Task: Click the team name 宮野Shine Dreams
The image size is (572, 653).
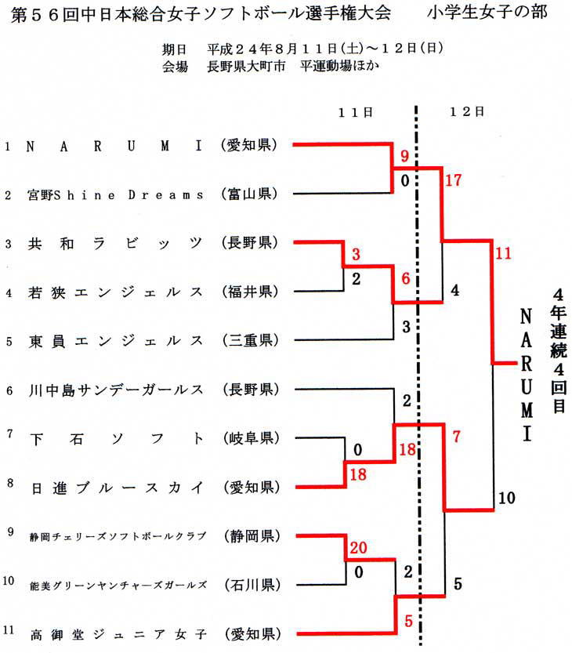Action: pyautogui.click(x=116, y=195)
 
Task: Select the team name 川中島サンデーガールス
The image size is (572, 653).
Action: pyautogui.click(x=116, y=390)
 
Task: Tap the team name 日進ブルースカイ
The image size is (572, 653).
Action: pyautogui.click(x=117, y=488)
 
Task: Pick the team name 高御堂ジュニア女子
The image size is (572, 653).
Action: pyautogui.click(x=118, y=634)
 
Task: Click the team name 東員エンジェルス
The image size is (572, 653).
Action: pyautogui.click(x=116, y=341)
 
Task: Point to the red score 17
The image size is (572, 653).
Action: pyautogui.click(x=454, y=180)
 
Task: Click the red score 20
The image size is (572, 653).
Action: pyautogui.click(x=358, y=547)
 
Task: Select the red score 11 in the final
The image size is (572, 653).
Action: pyautogui.click(x=503, y=253)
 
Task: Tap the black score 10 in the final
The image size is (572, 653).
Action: pyautogui.click(x=507, y=498)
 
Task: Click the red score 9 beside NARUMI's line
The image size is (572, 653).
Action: pyautogui.click(x=404, y=156)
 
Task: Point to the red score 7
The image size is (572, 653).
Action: pyautogui.click(x=457, y=437)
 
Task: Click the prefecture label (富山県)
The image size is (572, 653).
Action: pyautogui.click(x=250, y=194)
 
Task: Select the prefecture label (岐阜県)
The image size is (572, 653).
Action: pyautogui.click(x=251, y=438)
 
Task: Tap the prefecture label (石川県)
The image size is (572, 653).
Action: pyautogui.click(x=252, y=585)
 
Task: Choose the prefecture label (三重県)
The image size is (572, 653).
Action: pyautogui.click(x=250, y=341)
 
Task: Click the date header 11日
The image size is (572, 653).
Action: pyautogui.click(x=355, y=112)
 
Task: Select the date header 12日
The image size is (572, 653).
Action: pyautogui.click(x=467, y=111)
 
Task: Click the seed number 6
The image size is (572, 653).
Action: pyautogui.click(x=9, y=390)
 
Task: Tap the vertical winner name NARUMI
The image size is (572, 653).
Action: pyautogui.click(x=527, y=375)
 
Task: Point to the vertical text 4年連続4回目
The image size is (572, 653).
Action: pyautogui.click(x=558, y=350)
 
